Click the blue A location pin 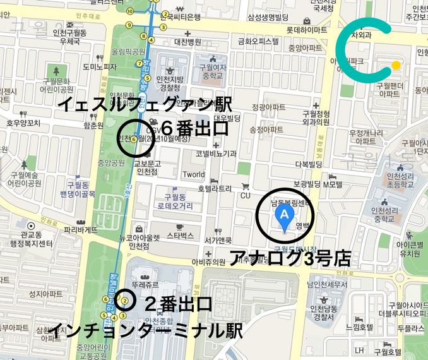pos(285,217)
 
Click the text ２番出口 pos(179,304)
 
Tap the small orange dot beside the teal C pos(396,64)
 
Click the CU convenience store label pos(246,195)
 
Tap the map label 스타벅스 pos(181,235)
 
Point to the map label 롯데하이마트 pos(307,29)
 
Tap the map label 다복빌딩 pos(309,164)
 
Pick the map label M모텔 pos(332,185)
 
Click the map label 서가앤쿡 pos(219,240)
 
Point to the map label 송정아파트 pos(266,129)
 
